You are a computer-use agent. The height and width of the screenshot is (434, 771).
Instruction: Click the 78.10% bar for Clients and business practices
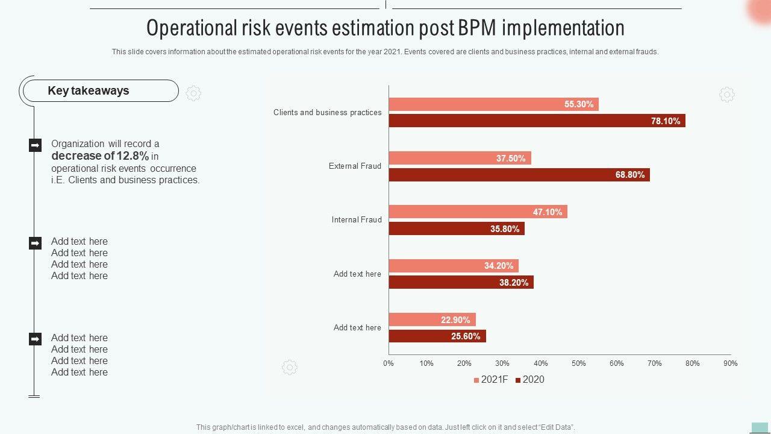click(537, 121)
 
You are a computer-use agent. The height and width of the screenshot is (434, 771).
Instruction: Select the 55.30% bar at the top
click(493, 104)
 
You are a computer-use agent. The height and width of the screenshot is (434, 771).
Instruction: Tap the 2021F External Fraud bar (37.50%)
click(460, 159)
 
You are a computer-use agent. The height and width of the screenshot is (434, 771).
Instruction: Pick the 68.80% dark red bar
click(519, 175)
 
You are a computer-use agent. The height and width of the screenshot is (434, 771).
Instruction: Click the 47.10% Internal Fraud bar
click(478, 212)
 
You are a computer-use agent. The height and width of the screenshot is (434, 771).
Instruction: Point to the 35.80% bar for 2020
click(456, 229)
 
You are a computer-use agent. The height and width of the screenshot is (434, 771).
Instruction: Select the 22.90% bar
click(432, 320)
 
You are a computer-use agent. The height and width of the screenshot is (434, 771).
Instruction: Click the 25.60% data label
click(466, 336)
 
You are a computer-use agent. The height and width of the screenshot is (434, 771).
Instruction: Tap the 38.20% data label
click(514, 283)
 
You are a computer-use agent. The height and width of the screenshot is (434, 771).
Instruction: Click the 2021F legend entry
click(491, 380)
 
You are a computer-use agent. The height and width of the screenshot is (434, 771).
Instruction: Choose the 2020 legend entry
click(529, 380)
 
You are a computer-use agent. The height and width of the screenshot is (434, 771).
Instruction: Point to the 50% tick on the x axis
click(578, 363)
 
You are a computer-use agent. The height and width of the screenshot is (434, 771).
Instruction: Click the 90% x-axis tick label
click(730, 363)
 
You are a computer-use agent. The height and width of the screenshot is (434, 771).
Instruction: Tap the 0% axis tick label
click(389, 363)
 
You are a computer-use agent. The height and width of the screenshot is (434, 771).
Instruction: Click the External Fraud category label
click(355, 166)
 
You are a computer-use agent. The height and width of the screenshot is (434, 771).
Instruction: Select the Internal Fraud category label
click(357, 220)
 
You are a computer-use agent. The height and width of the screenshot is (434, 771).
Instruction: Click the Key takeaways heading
click(89, 91)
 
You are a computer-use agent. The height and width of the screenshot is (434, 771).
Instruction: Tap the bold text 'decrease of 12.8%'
click(100, 156)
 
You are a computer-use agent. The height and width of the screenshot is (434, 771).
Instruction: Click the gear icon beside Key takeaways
click(193, 93)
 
